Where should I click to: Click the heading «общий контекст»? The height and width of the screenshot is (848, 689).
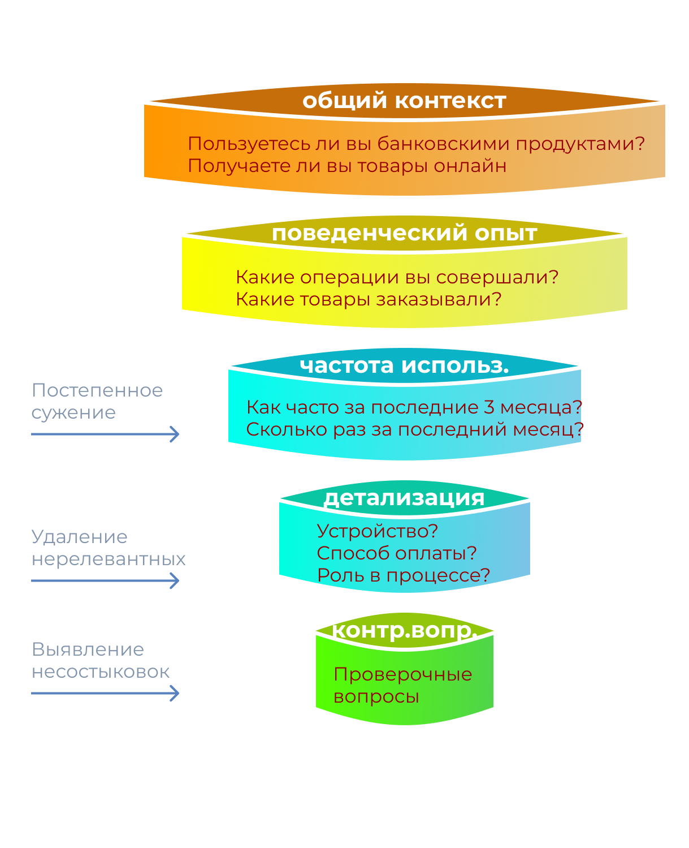[404, 101]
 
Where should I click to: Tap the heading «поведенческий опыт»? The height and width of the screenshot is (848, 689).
[404, 233]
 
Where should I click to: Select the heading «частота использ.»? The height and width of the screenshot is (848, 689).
[404, 365]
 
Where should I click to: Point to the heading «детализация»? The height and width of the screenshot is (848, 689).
[404, 498]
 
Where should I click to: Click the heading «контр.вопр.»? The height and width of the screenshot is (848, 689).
[404, 630]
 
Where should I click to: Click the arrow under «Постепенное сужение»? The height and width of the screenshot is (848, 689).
[105, 434]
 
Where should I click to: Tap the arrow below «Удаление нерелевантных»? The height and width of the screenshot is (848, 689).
[105, 580]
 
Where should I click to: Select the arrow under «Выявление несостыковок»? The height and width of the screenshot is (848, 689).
[105, 693]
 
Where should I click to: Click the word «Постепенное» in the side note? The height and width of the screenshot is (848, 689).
[97, 390]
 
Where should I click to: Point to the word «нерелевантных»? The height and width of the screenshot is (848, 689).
[109, 559]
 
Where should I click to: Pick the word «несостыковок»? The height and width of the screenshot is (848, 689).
[101, 671]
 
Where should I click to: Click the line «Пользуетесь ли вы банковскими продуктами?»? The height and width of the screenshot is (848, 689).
[416, 144]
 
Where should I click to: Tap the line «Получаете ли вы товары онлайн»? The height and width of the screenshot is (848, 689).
[347, 166]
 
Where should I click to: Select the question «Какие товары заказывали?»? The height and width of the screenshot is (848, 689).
[369, 299]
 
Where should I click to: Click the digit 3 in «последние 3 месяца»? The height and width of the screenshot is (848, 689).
[489, 407]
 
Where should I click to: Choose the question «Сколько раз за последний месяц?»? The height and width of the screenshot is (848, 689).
[415, 429]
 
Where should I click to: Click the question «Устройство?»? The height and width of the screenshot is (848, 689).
[377, 531]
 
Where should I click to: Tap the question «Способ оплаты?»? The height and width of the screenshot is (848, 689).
[397, 553]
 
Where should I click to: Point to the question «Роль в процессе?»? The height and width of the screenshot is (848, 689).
[404, 575]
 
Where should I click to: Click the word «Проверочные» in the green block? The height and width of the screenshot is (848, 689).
[403, 674]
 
